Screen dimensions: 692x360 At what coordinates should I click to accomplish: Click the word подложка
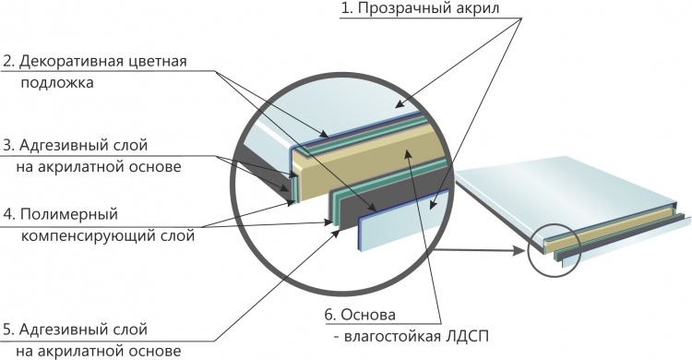tap(57, 83)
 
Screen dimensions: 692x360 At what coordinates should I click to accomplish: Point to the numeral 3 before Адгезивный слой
tap(7, 145)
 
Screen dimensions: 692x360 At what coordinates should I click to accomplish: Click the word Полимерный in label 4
tap(69, 215)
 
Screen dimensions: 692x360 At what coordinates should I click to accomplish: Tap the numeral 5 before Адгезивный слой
tap(7, 330)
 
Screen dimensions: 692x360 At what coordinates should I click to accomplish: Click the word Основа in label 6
tap(369, 316)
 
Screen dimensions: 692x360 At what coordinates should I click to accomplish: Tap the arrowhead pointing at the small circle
tap(519, 251)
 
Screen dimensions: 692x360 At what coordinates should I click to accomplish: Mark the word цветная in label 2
tap(158, 62)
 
